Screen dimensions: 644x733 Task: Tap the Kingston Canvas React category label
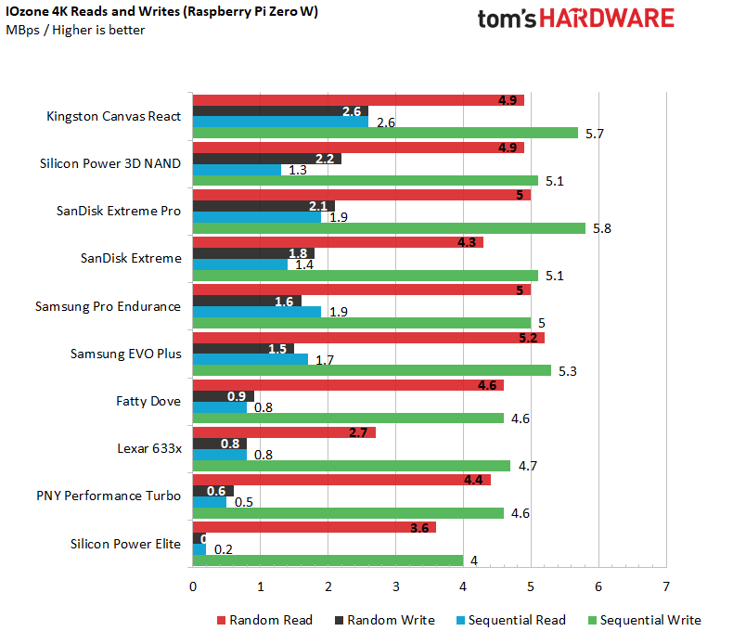pos(113,117)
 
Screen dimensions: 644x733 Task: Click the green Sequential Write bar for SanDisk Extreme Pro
pos(388,228)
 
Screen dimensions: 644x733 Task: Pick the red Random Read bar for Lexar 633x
pos(283,431)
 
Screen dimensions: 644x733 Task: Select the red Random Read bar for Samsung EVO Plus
pos(367,337)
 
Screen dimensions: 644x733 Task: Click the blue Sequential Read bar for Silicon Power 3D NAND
pos(236,170)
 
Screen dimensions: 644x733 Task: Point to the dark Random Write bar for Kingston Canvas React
pos(279,111)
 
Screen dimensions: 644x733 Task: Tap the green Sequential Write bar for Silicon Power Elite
pos(327,560)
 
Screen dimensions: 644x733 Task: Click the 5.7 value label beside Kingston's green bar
pos(595,134)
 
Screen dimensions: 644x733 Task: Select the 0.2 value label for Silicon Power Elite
pos(223,549)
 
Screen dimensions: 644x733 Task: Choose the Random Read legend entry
pos(264,620)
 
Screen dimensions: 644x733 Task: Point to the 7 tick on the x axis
pos(666,586)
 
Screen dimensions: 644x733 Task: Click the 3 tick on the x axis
pos(395,586)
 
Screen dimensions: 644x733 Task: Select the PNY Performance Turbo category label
pos(114,496)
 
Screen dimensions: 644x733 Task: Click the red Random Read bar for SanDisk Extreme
pos(337,242)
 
